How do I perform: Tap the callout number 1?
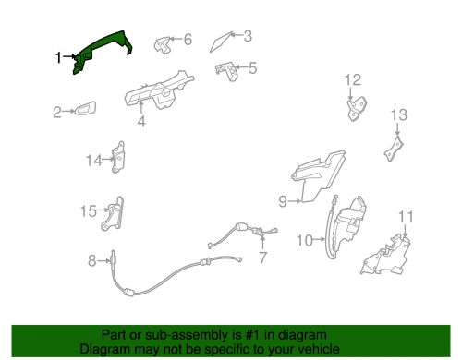[x=58, y=57]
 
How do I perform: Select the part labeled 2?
[x=85, y=108]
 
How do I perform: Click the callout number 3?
[x=248, y=36]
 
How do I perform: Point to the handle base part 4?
[x=159, y=90]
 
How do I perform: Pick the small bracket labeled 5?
[x=226, y=71]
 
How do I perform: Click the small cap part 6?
[x=163, y=44]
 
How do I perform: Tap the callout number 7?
[x=262, y=258]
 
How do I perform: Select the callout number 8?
[x=92, y=261]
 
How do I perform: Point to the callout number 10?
[x=304, y=240]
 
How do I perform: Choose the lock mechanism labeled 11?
[x=387, y=255]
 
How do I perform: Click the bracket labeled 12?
[x=357, y=108]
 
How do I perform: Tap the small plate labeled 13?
[x=394, y=149]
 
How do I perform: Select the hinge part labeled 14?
[x=118, y=157]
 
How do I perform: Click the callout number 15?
[x=88, y=211]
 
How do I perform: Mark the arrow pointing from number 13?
[x=397, y=129]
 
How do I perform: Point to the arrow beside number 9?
[x=295, y=201]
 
